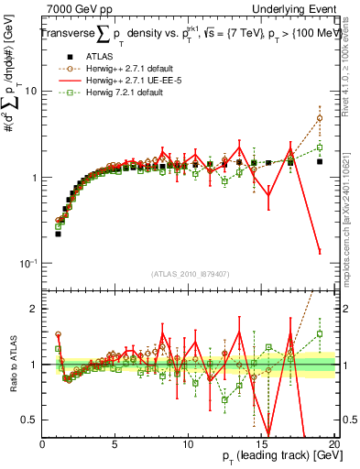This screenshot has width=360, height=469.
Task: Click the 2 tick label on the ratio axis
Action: [x=34, y=309]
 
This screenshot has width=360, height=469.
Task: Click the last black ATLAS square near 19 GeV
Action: [x=319, y=161]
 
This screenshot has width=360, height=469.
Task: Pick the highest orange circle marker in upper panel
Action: [x=319, y=118]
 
